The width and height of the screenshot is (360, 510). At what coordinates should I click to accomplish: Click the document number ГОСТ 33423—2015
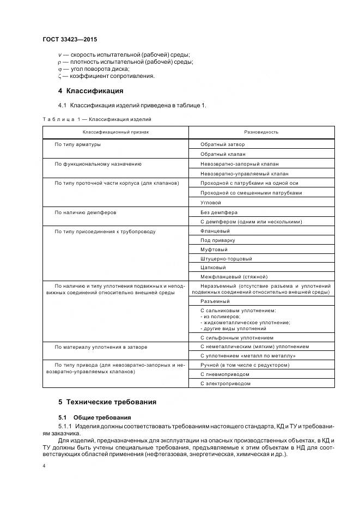click(x=69, y=39)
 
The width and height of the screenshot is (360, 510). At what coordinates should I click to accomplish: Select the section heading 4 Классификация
click(x=91, y=90)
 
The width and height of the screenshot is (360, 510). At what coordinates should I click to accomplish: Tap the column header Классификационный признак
click(x=115, y=132)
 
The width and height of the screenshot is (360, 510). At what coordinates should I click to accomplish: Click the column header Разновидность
click(x=261, y=132)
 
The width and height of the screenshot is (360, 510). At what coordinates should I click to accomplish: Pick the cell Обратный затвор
click(x=222, y=144)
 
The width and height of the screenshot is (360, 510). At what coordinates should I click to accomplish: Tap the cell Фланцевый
click(x=215, y=231)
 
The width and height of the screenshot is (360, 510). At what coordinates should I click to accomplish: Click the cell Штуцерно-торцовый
click(x=226, y=258)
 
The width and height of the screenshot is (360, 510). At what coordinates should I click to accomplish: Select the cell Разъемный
click(x=215, y=301)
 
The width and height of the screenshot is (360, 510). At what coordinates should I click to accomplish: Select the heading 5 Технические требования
click(x=107, y=402)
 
